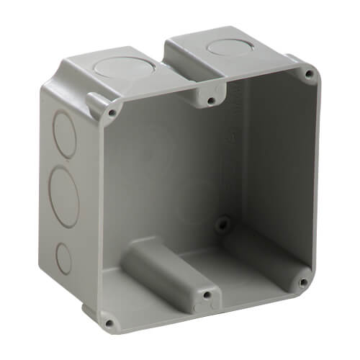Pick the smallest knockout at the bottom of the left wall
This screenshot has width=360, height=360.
coord(63,256)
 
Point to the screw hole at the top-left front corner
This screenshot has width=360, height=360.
coord(112,112)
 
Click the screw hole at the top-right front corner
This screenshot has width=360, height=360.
coord(308,73)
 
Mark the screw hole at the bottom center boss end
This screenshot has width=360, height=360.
coord(206,294)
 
